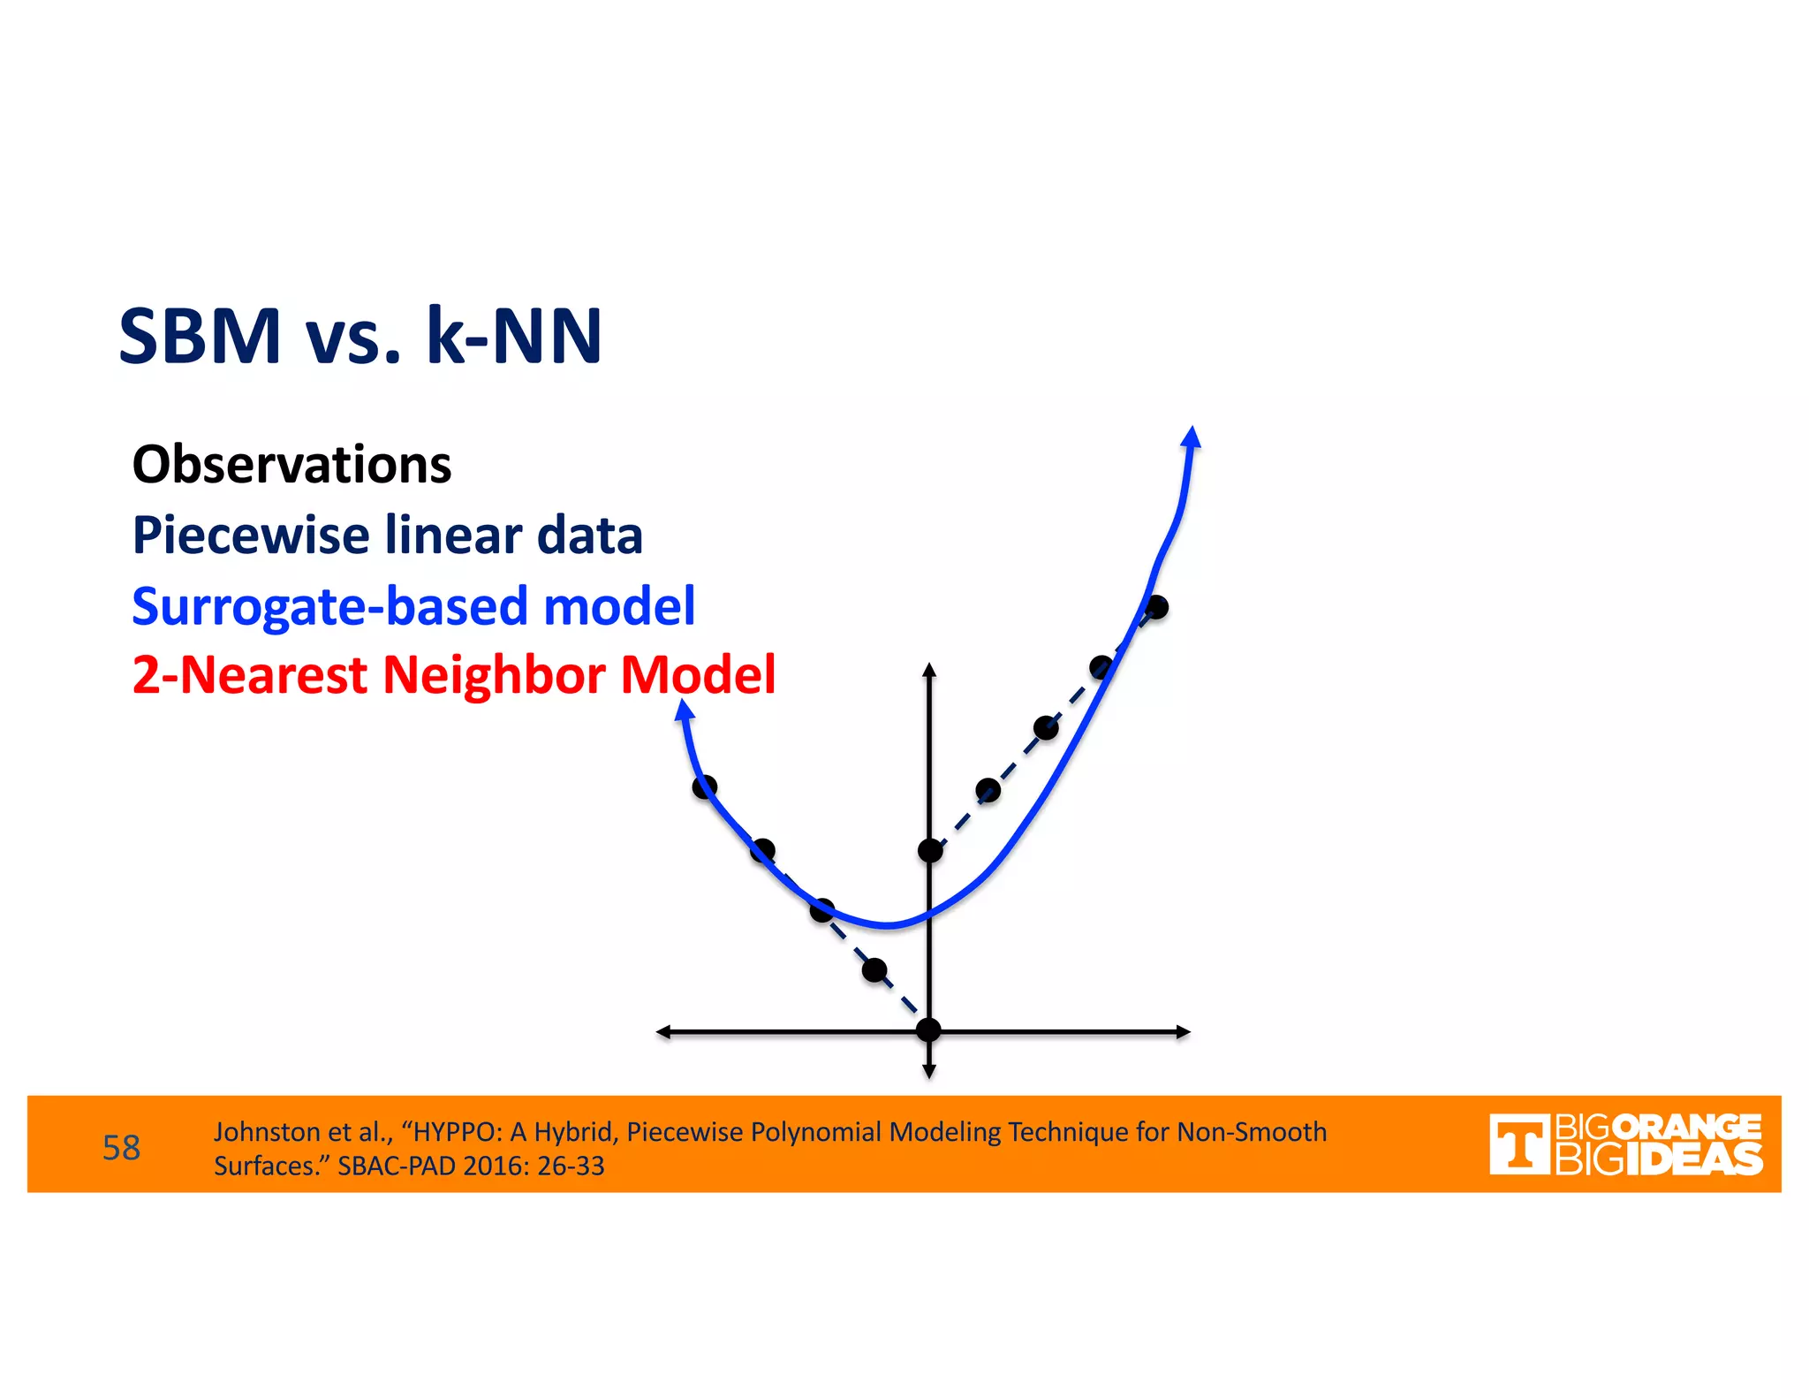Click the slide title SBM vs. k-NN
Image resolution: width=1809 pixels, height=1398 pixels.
click(360, 336)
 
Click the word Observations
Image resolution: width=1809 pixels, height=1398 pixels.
click(291, 465)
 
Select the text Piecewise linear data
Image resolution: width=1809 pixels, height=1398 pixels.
click(387, 536)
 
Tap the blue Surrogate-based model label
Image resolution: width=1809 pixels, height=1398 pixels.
click(413, 606)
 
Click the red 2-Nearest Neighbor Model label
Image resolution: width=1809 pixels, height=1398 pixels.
click(453, 675)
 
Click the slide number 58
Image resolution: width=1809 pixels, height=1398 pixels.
click(121, 1148)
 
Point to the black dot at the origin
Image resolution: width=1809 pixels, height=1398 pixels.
click(928, 1030)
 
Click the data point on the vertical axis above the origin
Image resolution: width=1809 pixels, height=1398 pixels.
click(929, 850)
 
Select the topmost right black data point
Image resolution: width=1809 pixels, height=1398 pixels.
click(1156, 607)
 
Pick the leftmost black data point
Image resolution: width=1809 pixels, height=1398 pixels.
click(704, 786)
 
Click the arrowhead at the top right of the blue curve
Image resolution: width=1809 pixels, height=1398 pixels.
click(1192, 437)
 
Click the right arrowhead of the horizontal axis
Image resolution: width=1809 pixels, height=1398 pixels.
click(1183, 1031)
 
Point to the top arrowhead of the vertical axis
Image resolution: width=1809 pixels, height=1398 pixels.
click(928, 670)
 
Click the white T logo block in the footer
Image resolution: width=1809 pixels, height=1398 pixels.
click(1518, 1144)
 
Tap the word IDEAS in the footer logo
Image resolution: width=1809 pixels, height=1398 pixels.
click(1693, 1160)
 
